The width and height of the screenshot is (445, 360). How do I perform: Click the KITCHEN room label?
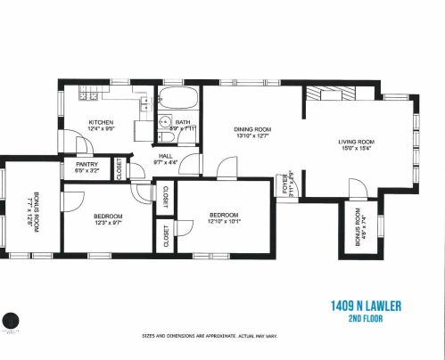click(100, 122)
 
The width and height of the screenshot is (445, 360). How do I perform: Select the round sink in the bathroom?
click(164, 125)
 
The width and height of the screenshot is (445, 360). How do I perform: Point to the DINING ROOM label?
click(252, 128)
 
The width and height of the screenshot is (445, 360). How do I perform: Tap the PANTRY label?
click(87, 165)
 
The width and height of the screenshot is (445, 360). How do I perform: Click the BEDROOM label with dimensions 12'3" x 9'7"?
click(108, 217)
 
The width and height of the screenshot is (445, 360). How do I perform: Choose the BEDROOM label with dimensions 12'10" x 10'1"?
click(223, 215)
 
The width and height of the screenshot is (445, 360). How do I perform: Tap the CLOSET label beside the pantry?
click(120, 169)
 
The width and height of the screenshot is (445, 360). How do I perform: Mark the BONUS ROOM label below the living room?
click(356, 230)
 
